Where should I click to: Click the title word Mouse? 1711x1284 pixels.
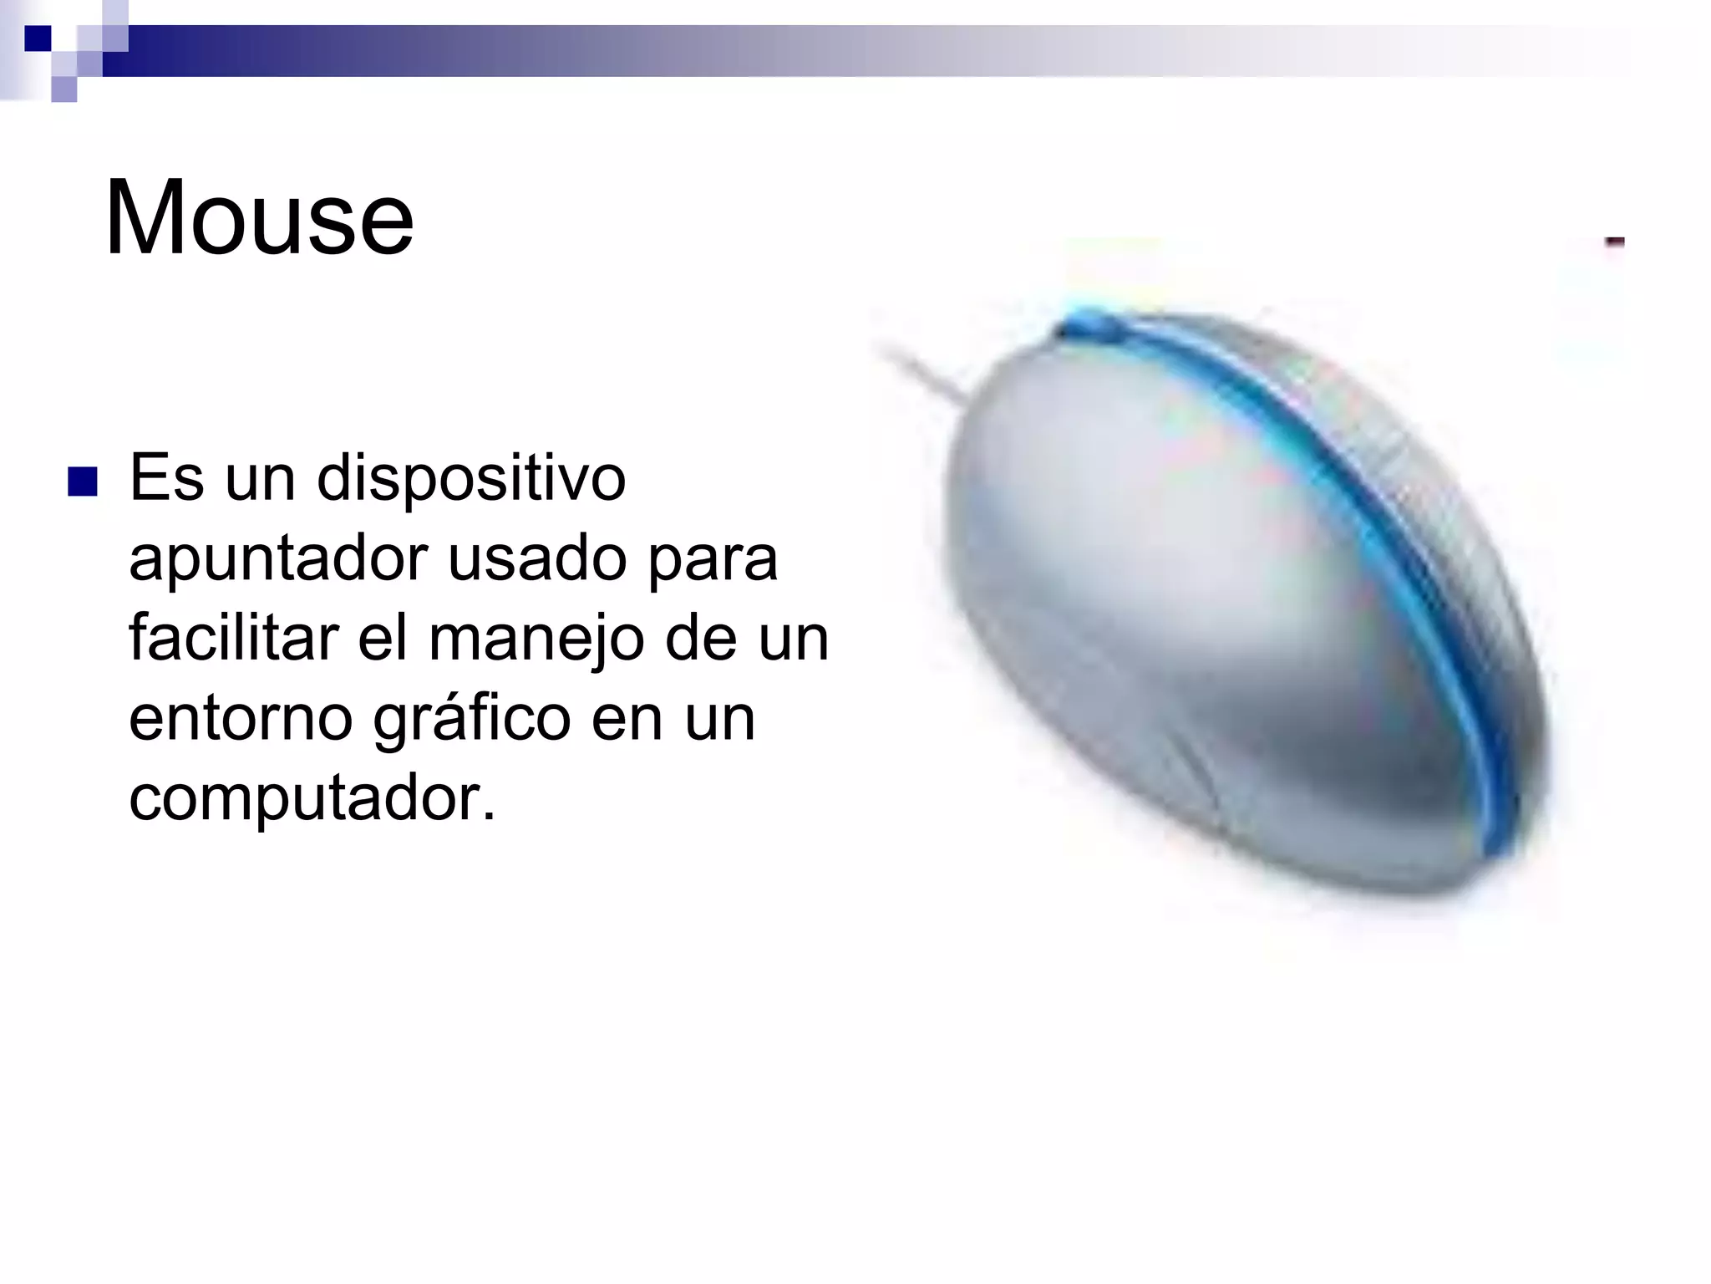(259, 219)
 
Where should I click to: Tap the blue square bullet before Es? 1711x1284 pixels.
(83, 482)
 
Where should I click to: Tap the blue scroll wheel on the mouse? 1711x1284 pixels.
(1086, 326)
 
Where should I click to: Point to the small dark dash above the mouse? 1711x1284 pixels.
(1614, 242)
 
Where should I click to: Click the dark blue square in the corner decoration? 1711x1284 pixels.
(38, 38)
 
